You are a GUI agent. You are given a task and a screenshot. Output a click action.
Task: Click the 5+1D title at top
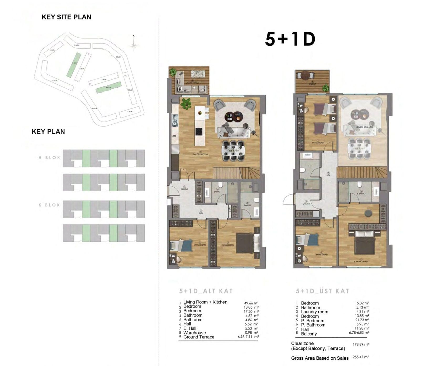[290, 39]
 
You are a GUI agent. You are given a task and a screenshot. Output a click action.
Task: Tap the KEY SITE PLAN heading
[66, 17]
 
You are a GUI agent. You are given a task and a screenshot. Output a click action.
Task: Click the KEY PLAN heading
[48, 132]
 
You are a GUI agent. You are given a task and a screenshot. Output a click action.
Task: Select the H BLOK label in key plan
[49, 158]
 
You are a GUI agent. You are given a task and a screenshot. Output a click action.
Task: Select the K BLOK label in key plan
[49, 205]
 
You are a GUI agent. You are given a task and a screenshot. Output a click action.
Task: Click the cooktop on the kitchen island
[199, 131]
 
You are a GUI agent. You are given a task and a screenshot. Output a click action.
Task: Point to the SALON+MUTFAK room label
[201, 154]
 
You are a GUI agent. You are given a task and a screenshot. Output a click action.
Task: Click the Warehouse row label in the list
[194, 333]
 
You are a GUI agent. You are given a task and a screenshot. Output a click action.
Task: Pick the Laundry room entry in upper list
[314, 312]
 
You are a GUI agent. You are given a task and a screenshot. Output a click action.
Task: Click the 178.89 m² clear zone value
[360, 344]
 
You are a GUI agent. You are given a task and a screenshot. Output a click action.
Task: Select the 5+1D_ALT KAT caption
[206, 291]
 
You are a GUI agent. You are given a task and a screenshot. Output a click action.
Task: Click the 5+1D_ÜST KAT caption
[322, 291]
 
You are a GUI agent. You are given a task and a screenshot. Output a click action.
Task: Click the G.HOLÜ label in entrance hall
[185, 189]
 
